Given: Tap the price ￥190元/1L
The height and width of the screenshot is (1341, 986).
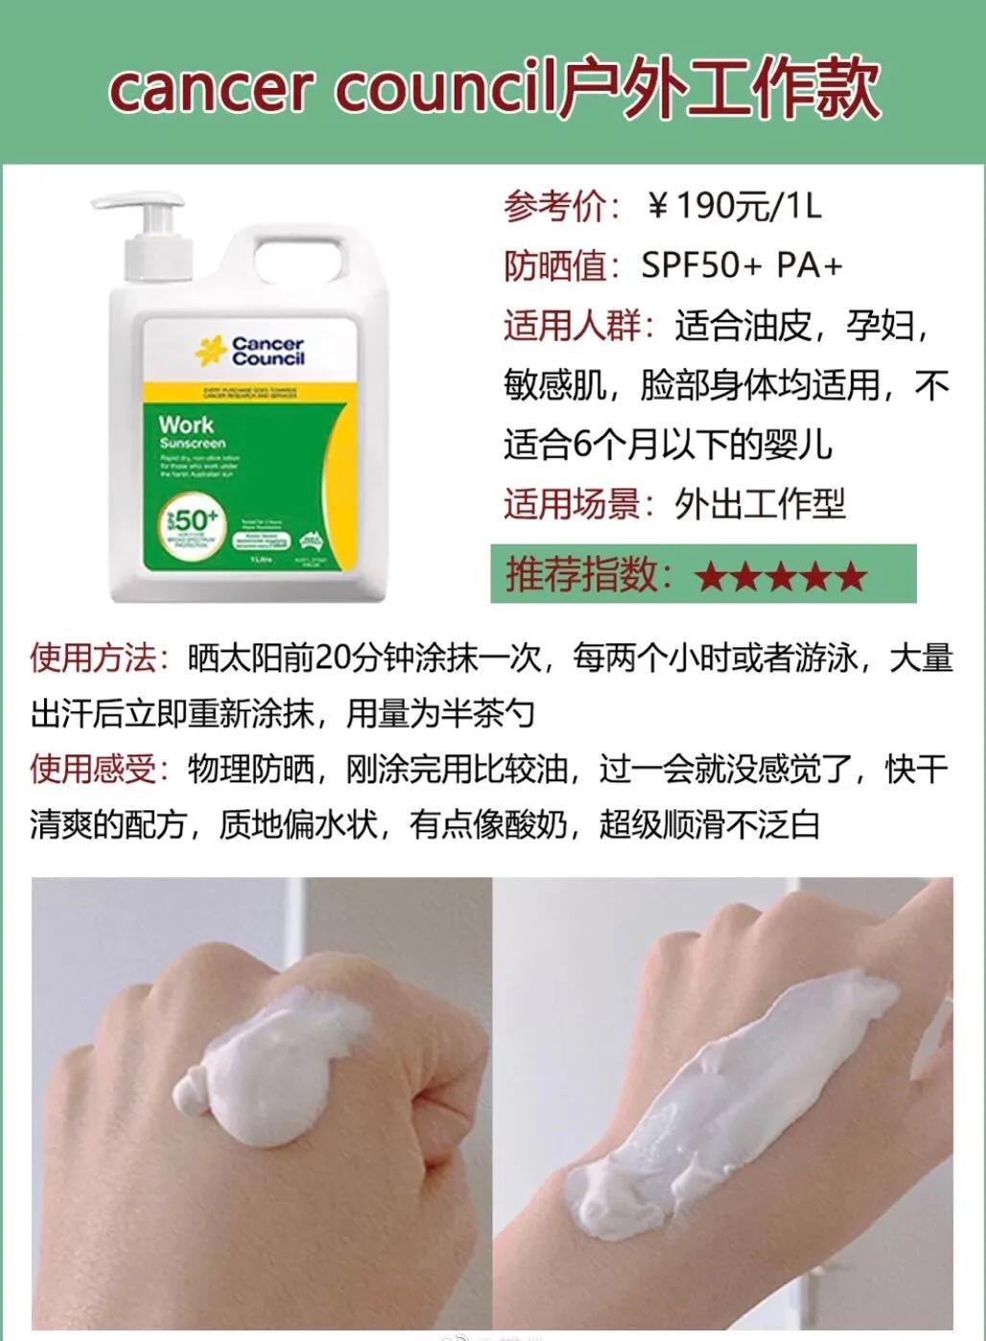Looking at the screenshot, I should click(x=735, y=206).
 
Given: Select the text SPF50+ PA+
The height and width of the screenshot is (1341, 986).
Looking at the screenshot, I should click(x=741, y=266).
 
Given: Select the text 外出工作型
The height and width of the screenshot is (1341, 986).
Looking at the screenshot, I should click(x=760, y=504).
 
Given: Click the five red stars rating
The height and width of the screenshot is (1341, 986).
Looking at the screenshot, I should click(x=781, y=576).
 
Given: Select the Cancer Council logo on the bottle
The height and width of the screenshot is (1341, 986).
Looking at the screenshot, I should click(x=251, y=351).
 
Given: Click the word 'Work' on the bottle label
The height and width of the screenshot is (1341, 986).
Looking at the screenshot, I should click(x=186, y=424).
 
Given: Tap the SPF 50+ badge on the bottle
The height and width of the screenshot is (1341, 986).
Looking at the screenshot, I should click(x=193, y=521).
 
